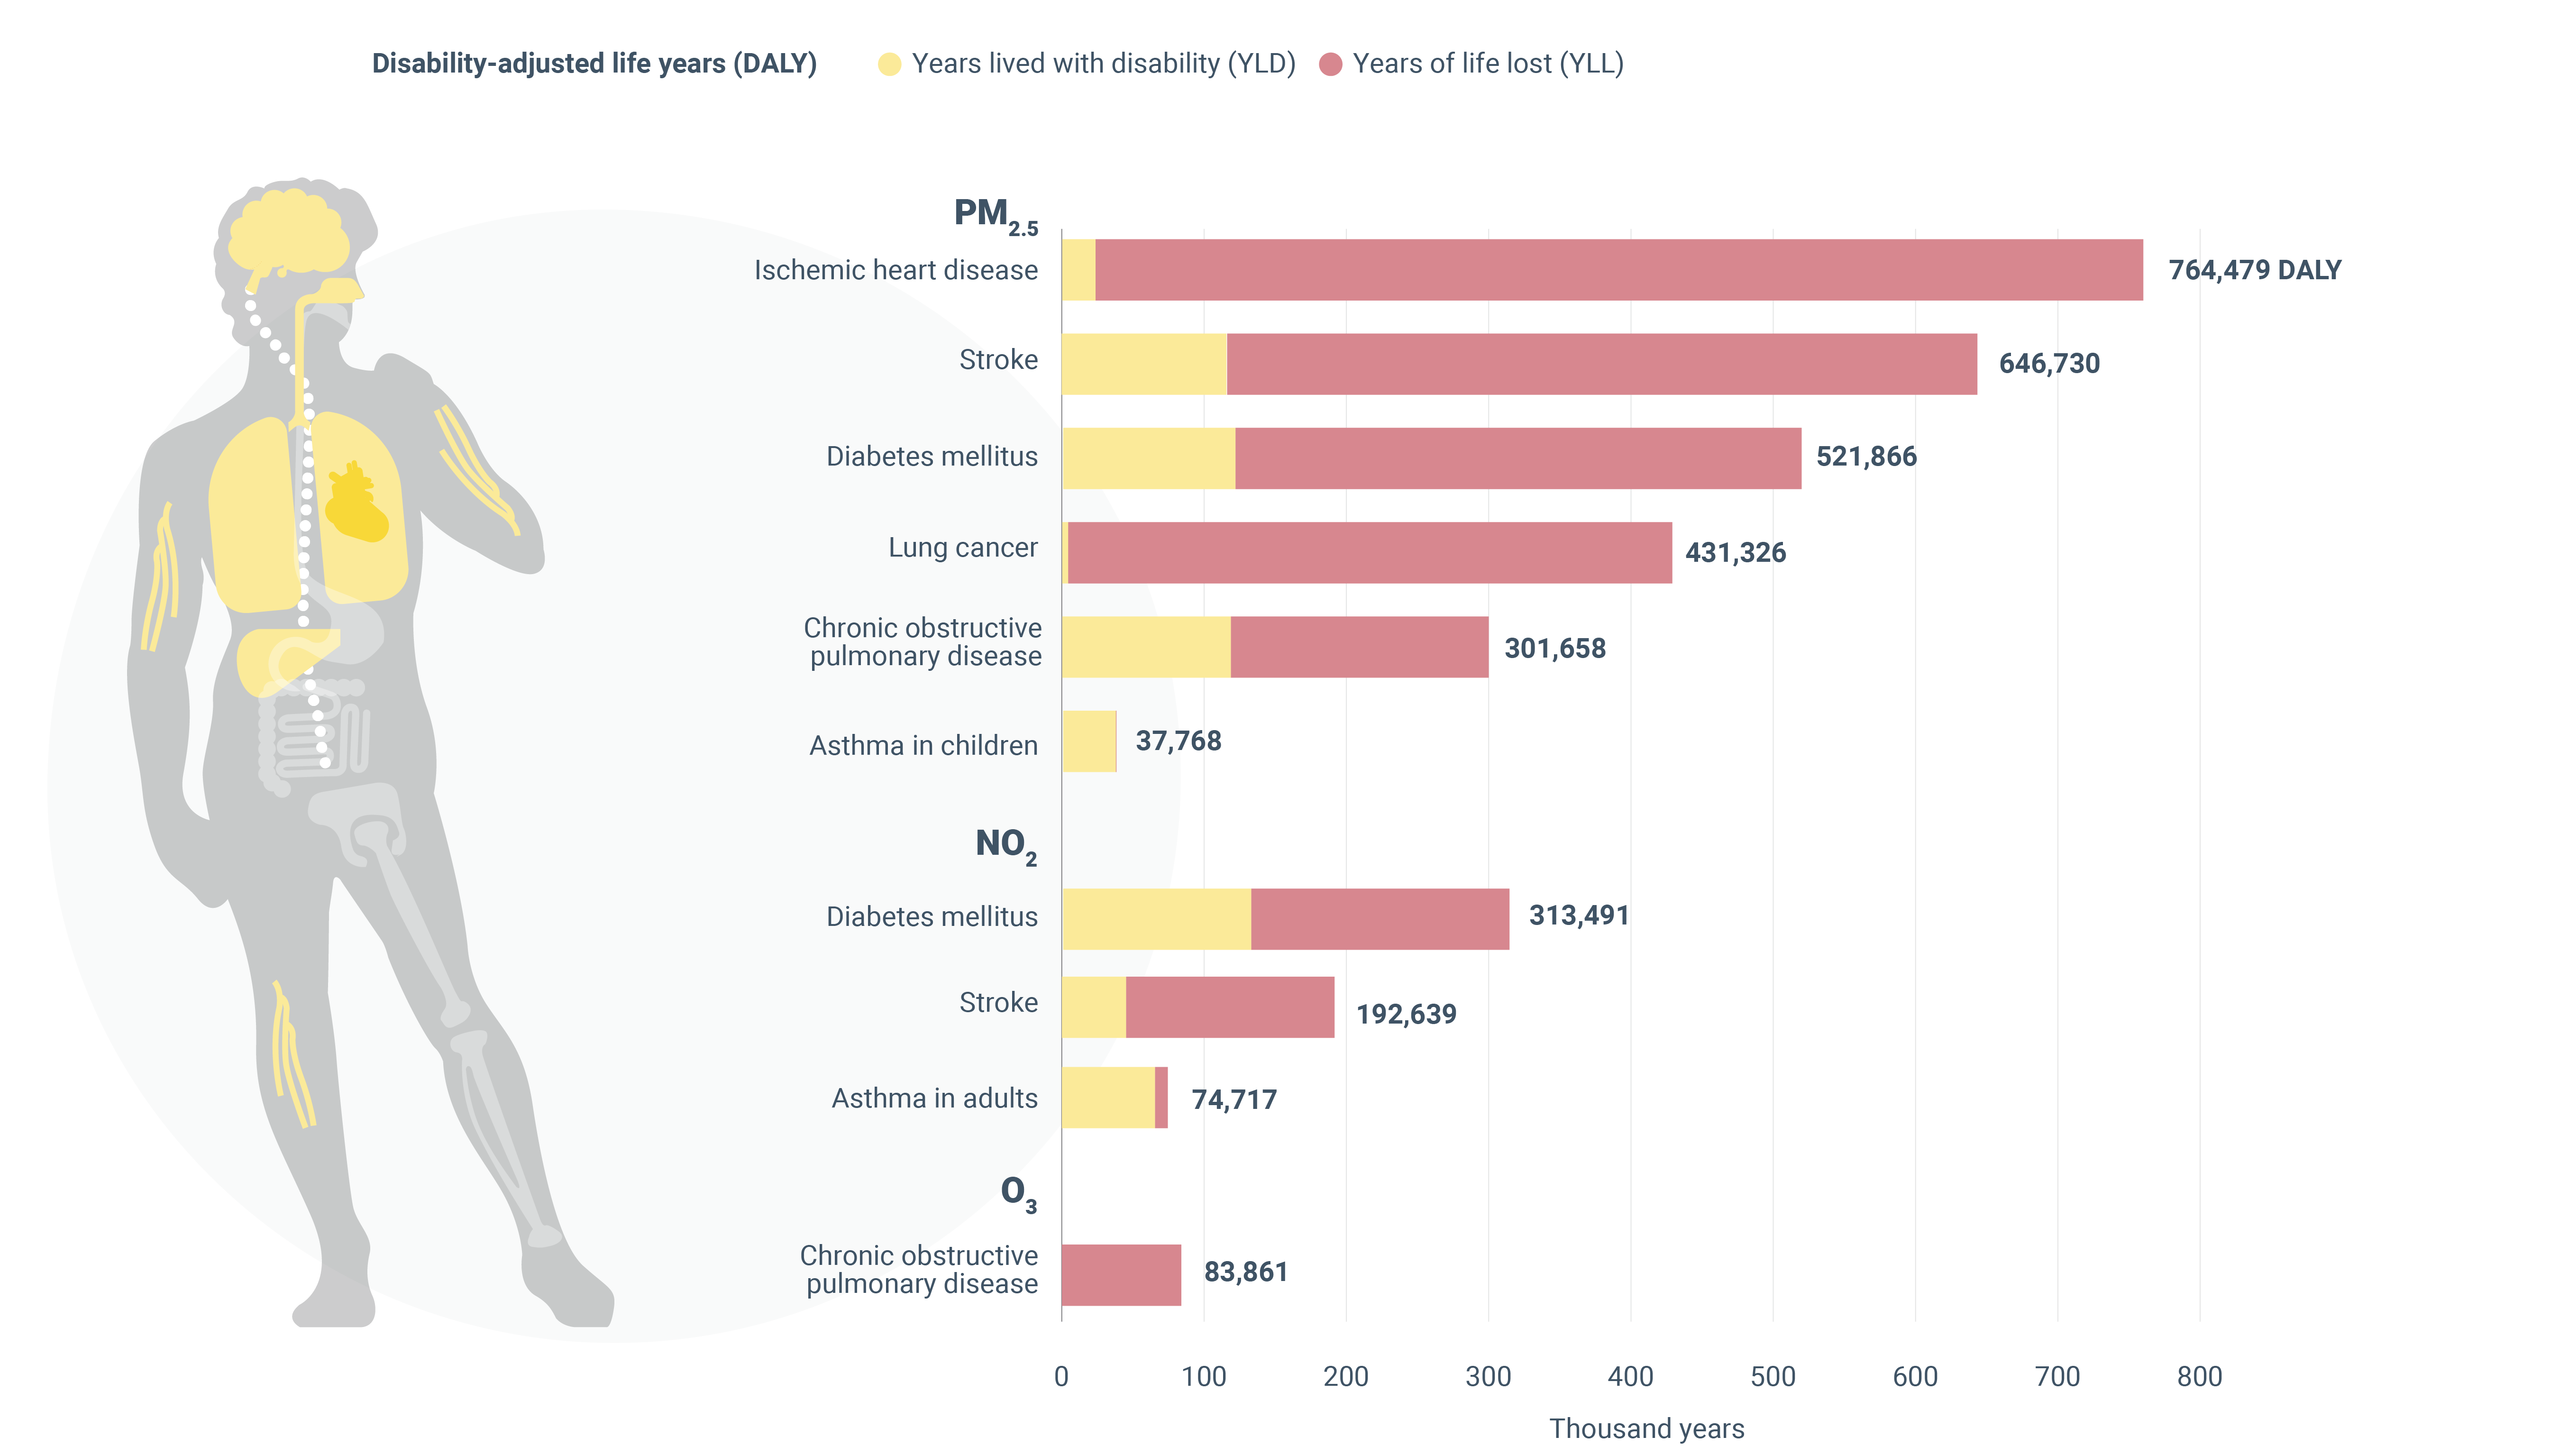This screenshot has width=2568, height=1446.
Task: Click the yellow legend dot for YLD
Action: (x=889, y=65)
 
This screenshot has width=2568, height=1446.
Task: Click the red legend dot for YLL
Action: (x=1330, y=65)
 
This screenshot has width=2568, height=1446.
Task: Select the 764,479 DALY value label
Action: (x=2254, y=270)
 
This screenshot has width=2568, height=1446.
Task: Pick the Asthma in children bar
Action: (x=1088, y=741)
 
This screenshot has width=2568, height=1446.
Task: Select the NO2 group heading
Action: (x=1005, y=846)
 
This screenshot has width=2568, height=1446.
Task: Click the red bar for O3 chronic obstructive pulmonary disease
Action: (x=1121, y=1274)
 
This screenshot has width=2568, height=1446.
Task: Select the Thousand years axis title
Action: (x=1646, y=1428)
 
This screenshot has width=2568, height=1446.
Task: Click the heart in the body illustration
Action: (x=356, y=503)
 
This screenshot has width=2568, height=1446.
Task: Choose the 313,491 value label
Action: (x=1578, y=915)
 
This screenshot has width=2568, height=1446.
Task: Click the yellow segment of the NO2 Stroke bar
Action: (x=1094, y=1007)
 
